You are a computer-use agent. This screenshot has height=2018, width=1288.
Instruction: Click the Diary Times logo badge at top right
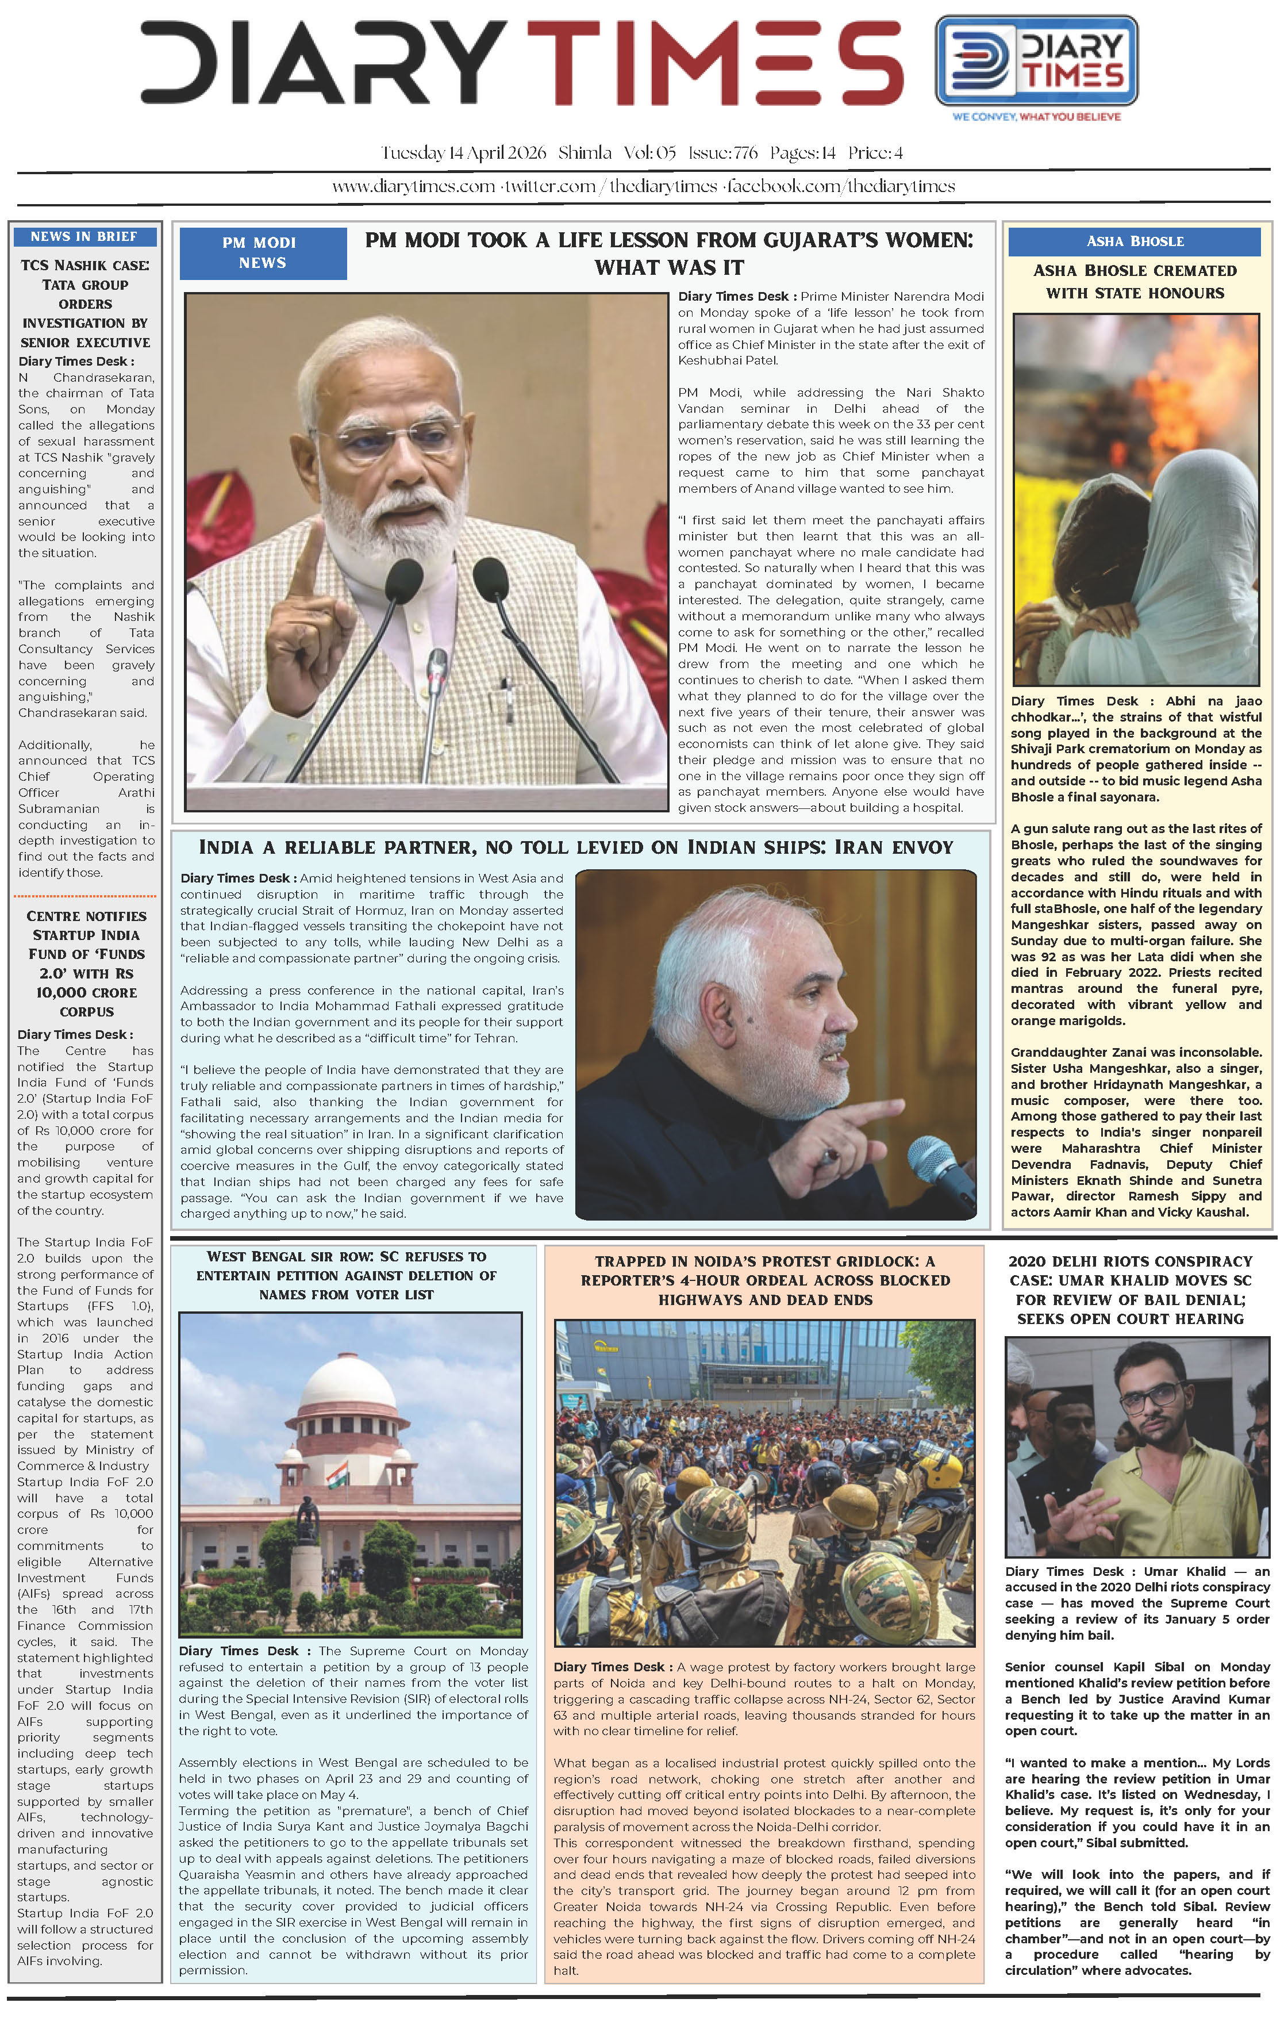tap(1036, 60)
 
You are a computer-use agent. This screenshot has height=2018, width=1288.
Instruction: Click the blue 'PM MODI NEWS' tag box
tap(262, 253)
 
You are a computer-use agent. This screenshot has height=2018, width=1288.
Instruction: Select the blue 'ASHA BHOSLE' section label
tap(1134, 241)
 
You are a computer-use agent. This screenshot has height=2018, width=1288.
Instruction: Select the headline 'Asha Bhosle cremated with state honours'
tap(1135, 282)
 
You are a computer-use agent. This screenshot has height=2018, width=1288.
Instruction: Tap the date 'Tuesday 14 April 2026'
tap(463, 152)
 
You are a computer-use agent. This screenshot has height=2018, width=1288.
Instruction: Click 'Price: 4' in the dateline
tap(875, 152)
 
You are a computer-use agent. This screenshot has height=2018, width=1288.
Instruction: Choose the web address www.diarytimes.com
tap(413, 186)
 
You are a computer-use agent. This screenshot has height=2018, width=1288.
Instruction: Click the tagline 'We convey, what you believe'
tap(1036, 117)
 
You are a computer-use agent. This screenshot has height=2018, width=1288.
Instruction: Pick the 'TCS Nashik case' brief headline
tap(84, 304)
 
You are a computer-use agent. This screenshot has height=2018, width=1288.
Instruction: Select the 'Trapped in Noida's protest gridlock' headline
tap(764, 1280)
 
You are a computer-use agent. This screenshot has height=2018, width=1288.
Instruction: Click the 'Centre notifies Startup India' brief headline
tap(86, 963)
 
